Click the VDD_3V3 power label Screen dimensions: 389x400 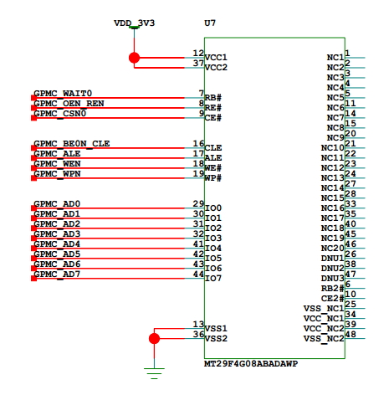[134, 23]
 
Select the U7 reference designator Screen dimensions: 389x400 [210, 23]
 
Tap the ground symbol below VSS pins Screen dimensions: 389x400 [154, 373]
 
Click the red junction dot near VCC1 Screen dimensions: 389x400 [134, 58]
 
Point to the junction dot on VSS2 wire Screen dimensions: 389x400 [154, 339]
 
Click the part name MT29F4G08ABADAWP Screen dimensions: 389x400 [251, 364]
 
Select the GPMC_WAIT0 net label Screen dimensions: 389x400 [63, 93]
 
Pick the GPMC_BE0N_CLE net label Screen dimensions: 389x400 [72, 143]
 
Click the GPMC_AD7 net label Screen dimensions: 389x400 [57, 274]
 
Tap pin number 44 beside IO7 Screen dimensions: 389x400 [198, 274]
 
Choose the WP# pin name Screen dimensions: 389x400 [213, 178]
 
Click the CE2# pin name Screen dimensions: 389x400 [333, 299]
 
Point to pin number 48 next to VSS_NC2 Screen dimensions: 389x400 [351, 334]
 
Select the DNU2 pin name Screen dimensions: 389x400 [333, 269]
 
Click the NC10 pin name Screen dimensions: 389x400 [333, 148]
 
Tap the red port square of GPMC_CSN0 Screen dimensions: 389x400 [33, 118]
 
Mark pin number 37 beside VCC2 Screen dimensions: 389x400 [198, 63]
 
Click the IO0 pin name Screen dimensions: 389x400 [213, 208]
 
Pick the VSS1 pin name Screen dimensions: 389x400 [216, 329]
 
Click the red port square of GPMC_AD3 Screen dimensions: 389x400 [33, 238]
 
